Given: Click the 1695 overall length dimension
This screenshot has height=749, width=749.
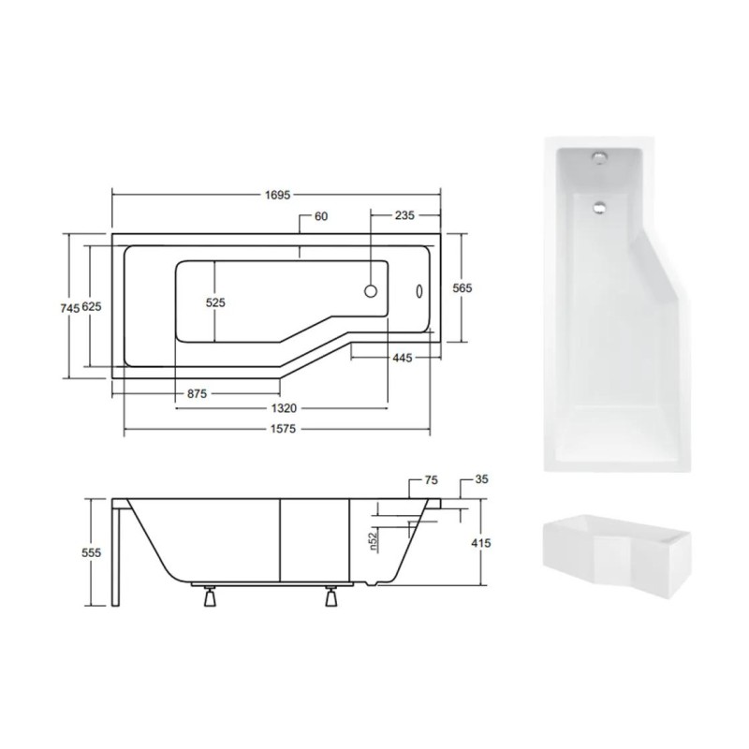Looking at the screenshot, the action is tap(277, 195).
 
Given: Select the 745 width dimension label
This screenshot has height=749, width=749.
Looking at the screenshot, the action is tap(69, 309).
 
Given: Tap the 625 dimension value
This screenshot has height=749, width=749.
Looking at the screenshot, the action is tap(92, 307).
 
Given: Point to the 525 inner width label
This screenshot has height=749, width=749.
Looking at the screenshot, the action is tap(215, 302).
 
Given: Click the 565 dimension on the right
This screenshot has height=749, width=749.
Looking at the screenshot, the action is tap(462, 288).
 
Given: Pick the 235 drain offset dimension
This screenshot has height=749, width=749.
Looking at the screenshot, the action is tap(404, 215).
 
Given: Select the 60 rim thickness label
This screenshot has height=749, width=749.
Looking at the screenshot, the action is tap(321, 216).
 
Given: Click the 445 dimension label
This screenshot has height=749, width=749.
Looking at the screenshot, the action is tap(403, 358).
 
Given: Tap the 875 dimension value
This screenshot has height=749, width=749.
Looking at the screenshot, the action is tap(197, 394).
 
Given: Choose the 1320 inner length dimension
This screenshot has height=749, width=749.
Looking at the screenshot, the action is tap(284, 408).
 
